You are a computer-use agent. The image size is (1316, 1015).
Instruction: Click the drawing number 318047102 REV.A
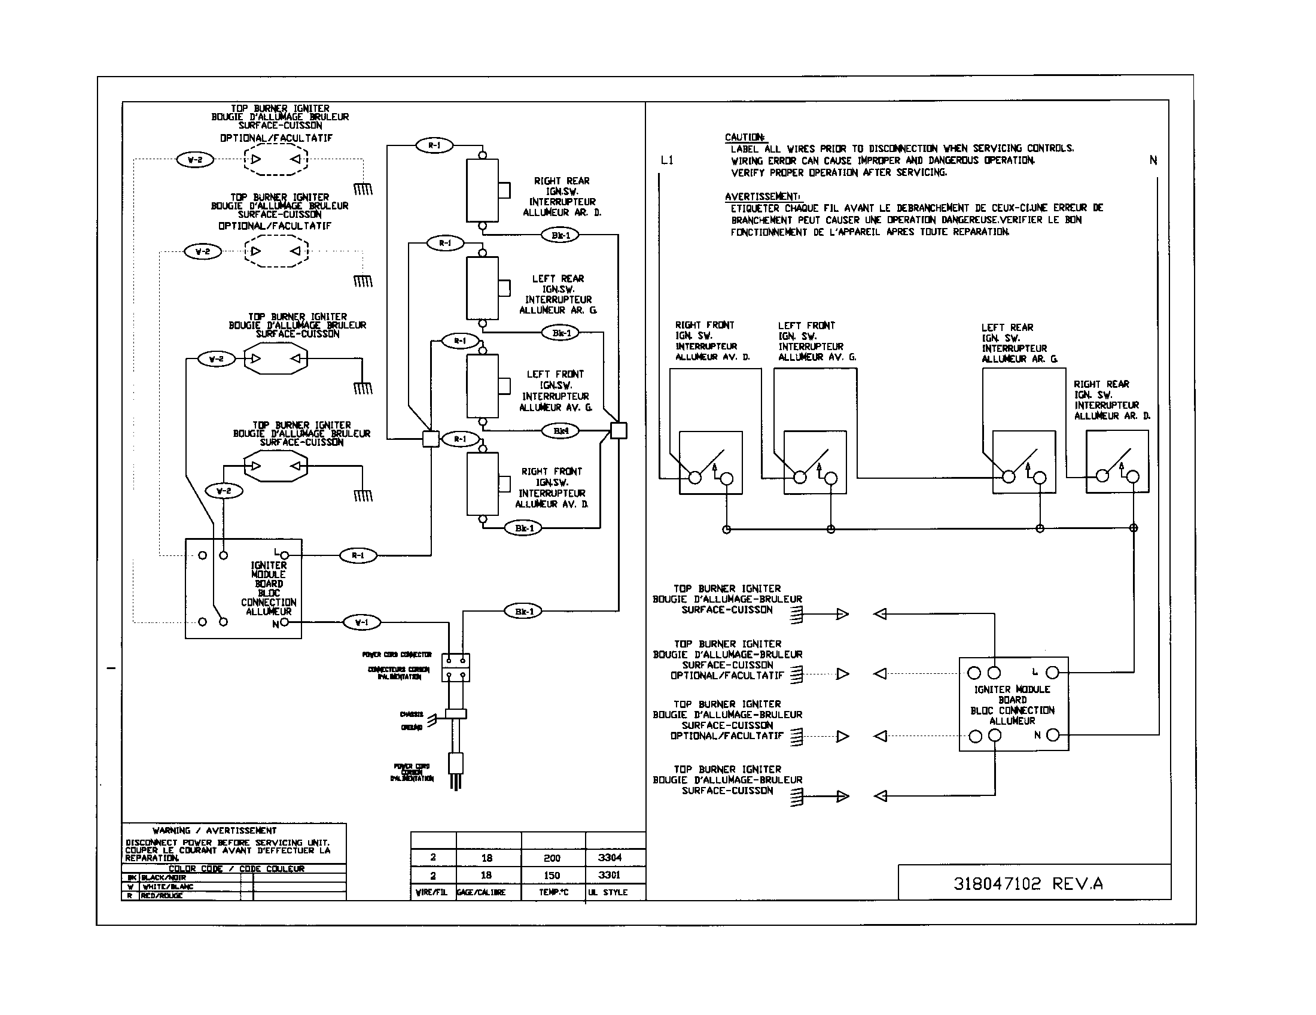1027,883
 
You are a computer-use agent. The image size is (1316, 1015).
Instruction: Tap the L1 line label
667,160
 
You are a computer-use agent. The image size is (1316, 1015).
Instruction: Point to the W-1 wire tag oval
361,622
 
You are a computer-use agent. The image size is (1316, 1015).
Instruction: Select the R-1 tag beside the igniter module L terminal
358,555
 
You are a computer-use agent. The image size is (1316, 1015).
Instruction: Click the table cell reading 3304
609,857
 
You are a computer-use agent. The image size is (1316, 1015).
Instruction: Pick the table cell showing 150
552,875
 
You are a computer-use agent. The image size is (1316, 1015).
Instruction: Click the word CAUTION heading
745,138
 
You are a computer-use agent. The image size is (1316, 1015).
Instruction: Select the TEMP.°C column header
553,892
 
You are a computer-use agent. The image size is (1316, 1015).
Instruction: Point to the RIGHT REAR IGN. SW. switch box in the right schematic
1117,461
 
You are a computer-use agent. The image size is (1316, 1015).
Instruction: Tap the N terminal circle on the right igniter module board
1053,735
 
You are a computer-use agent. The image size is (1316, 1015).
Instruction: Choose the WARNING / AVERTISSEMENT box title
215,830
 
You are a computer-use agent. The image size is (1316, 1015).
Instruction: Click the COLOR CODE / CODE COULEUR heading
236,868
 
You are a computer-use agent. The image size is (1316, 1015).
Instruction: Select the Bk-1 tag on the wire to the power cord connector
523,611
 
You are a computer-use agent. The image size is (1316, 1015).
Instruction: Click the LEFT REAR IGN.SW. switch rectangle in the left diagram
482,288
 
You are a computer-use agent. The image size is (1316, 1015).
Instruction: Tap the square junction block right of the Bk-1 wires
619,430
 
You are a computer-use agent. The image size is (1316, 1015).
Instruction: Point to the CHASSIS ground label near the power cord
412,714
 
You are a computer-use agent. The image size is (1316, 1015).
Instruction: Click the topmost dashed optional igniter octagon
276,159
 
